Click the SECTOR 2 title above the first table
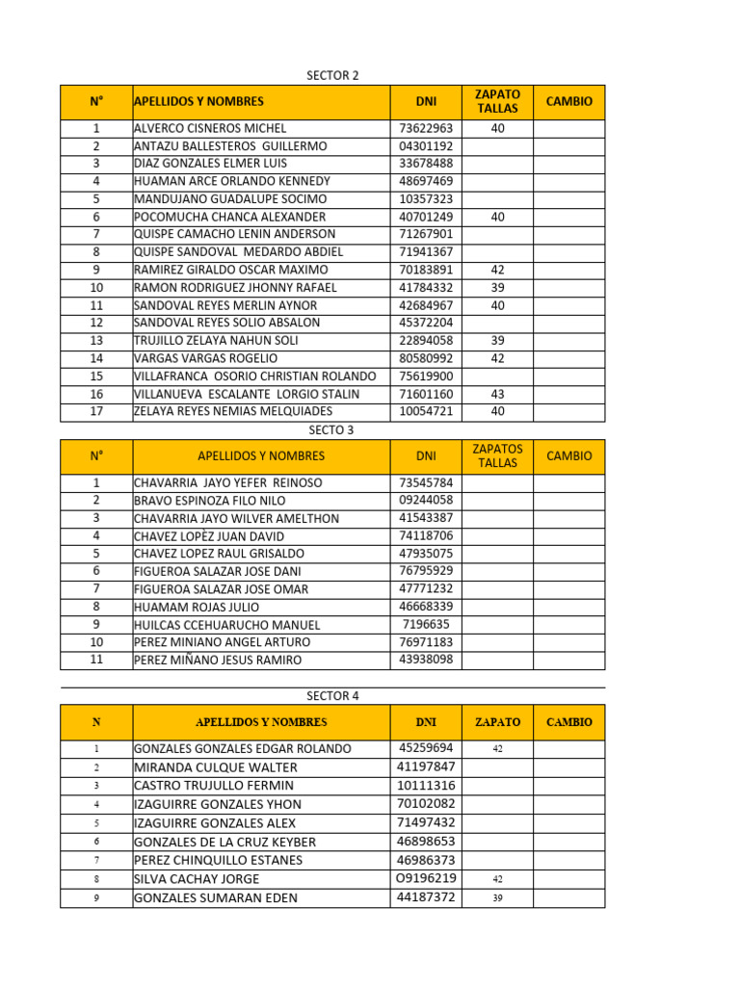[332, 75]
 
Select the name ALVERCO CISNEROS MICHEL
[210, 128]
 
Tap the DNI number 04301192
[426, 146]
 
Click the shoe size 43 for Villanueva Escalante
[497, 394]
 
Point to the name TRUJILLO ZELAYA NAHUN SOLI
[216, 341]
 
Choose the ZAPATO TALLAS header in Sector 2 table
[497, 101]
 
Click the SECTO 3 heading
[331, 429]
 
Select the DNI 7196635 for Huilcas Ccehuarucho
[426, 624]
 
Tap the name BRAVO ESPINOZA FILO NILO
[209, 501]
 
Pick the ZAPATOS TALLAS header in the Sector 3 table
[498, 455]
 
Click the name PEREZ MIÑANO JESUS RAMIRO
[218, 661]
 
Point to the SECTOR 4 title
[332, 695]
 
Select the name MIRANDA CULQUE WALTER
[216, 767]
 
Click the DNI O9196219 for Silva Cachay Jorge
[426, 878]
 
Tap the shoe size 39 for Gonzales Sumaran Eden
[497, 898]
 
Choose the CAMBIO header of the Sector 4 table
[569, 722]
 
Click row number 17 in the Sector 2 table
[96, 411]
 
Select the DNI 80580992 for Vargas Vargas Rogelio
[426, 358]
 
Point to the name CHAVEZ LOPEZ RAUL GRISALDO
[219, 554]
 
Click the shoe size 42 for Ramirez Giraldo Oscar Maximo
[497, 270]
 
